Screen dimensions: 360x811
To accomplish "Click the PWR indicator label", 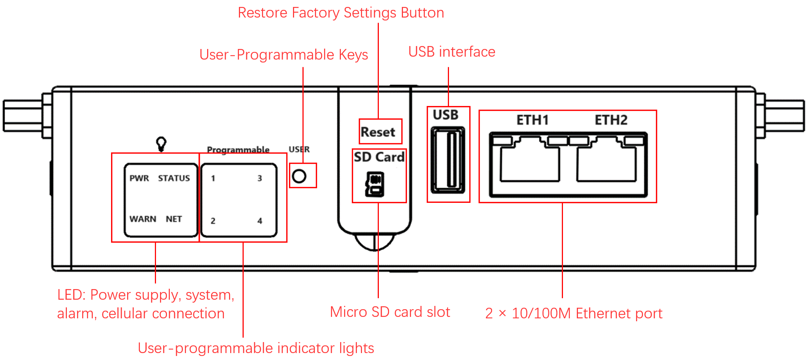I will pyautogui.click(x=139, y=178).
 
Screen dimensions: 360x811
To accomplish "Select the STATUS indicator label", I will pyautogui.click(x=174, y=178).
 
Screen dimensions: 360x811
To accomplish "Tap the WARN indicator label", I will pyautogui.click(x=143, y=219).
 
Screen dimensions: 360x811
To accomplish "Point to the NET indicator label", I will pyautogui.click(x=174, y=219).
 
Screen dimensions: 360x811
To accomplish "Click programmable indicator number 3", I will pyautogui.click(x=260, y=178).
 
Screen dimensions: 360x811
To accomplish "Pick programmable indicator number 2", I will pyautogui.click(x=213, y=221).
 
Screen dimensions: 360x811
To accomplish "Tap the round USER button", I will pyautogui.click(x=299, y=177).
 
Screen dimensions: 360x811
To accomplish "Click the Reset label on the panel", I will pyautogui.click(x=378, y=132).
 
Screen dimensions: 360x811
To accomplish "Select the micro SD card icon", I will pyautogui.click(x=375, y=184).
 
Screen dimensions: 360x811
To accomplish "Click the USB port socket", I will pyautogui.click(x=448, y=160).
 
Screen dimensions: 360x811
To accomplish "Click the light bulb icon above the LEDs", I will pyautogui.click(x=161, y=144).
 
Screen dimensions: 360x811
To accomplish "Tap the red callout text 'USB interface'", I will pyautogui.click(x=452, y=52).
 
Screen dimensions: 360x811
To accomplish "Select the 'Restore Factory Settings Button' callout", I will pyautogui.click(x=341, y=13).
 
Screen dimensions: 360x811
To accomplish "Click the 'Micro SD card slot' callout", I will pyautogui.click(x=390, y=312).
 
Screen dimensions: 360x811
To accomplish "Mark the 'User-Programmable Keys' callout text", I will pyautogui.click(x=283, y=55).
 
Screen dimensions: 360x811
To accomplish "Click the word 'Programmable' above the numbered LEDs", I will pyautogui.click(x=238, y=149).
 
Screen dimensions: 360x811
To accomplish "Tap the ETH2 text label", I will pyautogui.click(x=611, y=120).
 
